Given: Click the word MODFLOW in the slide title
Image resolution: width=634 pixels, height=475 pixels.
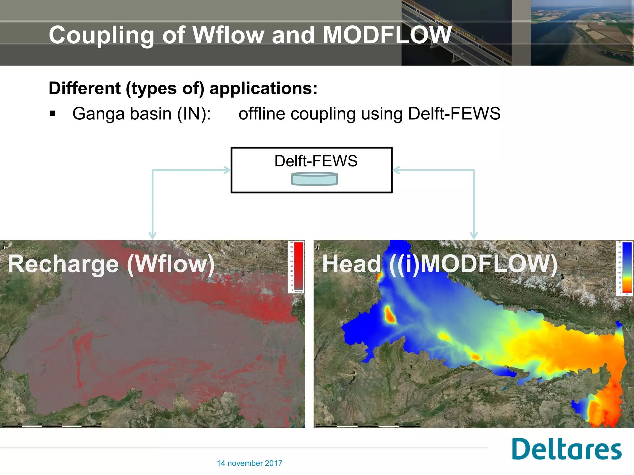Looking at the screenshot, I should click(387, 35).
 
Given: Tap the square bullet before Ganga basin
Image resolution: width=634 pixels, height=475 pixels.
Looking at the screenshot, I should click(52, 113).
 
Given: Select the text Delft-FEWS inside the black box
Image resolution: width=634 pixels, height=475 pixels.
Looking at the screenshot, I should click(316, 161).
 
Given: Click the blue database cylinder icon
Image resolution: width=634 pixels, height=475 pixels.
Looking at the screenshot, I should click(314, 179).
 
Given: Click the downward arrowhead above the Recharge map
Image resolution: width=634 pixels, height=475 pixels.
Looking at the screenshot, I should click(152, 236).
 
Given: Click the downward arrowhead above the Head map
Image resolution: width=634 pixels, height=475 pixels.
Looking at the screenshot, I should click(474, 236).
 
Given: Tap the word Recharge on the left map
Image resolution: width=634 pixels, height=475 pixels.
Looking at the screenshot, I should click(63, 264).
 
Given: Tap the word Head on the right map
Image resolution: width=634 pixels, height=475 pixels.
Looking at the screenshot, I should click(352, 264).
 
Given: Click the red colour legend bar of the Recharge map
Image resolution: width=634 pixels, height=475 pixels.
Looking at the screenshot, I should click(298, 266).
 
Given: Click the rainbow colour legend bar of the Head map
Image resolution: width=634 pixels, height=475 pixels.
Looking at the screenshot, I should click(627, 267).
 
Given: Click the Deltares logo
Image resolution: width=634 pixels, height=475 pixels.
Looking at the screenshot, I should click(566, 449).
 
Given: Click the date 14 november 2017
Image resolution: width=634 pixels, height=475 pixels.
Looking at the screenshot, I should click(250, 463).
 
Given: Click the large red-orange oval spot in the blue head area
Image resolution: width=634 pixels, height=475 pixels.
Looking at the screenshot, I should click(390, 315).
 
